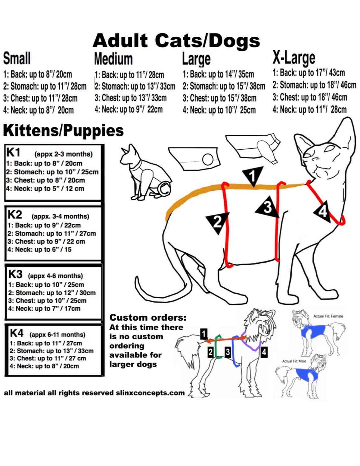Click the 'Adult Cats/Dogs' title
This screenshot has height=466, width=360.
pyautogui.click(x=176, y=41)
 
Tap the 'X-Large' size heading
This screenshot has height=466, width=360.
pyautogui.click(x=294, y=58)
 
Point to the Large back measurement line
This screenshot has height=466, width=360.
pyautogui.click(x=218, y=75)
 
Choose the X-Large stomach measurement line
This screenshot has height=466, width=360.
pyautogui.click(x=314, y=85)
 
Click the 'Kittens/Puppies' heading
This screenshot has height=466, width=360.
pyautogui.click(x=63, y=130)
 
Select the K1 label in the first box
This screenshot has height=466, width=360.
pyautogui.click(x=13, y=153)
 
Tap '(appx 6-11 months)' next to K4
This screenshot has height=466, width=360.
pyautogui.click(x=57, y=335)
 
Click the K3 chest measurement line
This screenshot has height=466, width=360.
pyautogui.click(x=48, y=300)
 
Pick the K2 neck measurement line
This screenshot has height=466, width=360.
pyautogui.click(x=39, y=249)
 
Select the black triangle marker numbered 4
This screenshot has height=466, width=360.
pyautogui.click(x=322, y=212)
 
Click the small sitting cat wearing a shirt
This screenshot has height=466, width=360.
pyautogui.click(x=146, y=173)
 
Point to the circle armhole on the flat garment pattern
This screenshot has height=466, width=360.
pyautogui.click(x=208, y=159)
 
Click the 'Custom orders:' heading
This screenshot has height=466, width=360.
pyautogui.click(x=148, y=318)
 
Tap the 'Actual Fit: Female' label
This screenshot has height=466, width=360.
pyautogui.click(x=328, y=316)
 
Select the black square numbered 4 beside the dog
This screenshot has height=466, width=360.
pyautogui.click(x=264, y=352)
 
